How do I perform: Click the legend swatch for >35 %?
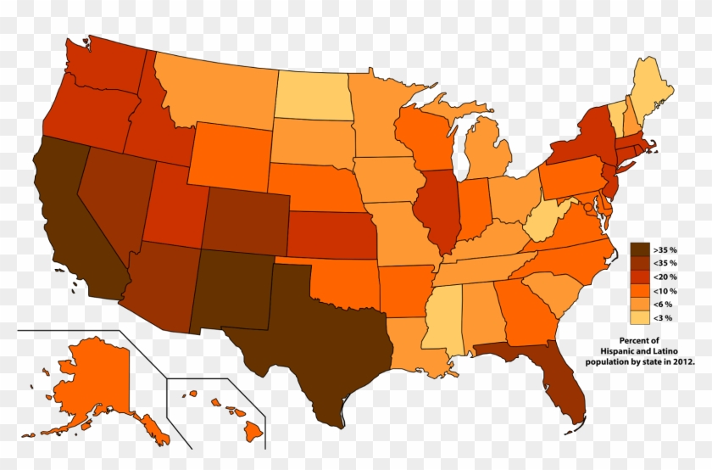pyautogui.click(x=639, y=249)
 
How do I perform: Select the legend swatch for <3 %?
pyautogui.click(x=639, y=318)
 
